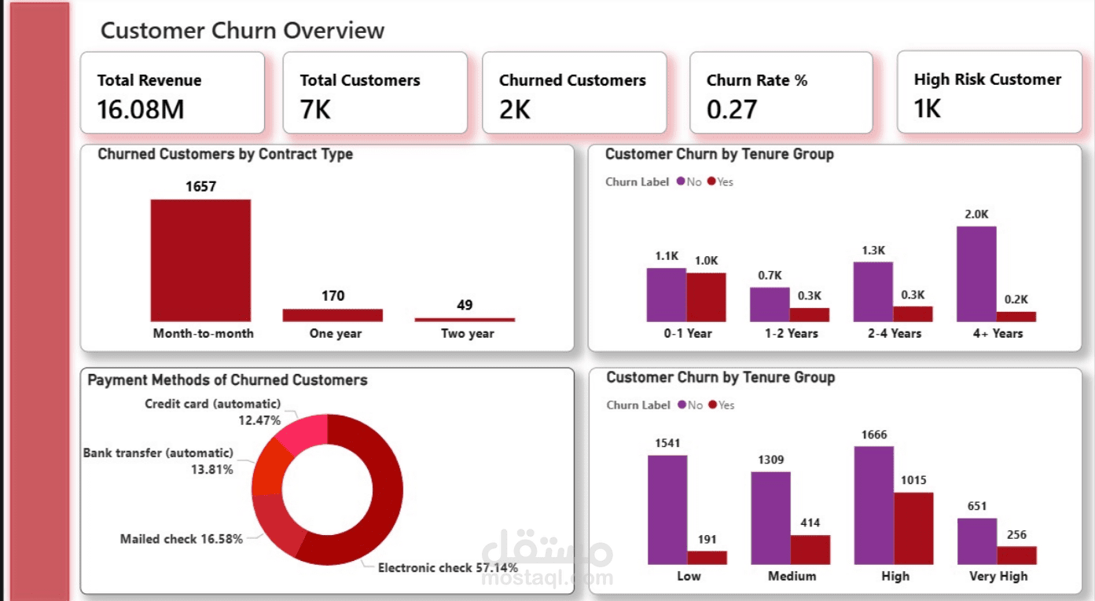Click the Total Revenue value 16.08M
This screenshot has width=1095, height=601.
(x=141, y=109)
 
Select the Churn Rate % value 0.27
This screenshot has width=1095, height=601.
(x=731, y=109)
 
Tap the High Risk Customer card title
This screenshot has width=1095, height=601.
(x=987, y=79)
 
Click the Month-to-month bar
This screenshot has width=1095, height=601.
(x=200, y=260)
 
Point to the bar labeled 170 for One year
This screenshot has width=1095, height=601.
(x=333, y=315)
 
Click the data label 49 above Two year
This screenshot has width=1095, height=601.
(x=465, y=305)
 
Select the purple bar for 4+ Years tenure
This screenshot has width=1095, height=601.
(x=976, y=273)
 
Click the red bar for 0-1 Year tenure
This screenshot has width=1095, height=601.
(x=706, y=297)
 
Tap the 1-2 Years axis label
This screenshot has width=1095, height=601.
(x=791, y=333)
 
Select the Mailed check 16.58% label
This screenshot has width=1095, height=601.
(x=181, y=539)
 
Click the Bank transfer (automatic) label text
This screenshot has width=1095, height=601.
(x=158, y=453)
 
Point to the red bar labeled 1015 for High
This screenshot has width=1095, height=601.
(x=913, y=528)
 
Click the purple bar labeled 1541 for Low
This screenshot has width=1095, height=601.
(x=667, y=509)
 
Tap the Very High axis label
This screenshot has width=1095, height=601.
(x=998, y=576)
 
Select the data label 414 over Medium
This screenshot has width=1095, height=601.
(x=810, y=522)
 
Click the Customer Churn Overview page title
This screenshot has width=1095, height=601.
(x=242, y=31)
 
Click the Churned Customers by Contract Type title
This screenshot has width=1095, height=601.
(x=225, y=155)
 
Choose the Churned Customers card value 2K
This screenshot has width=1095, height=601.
(x=515, y=109)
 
